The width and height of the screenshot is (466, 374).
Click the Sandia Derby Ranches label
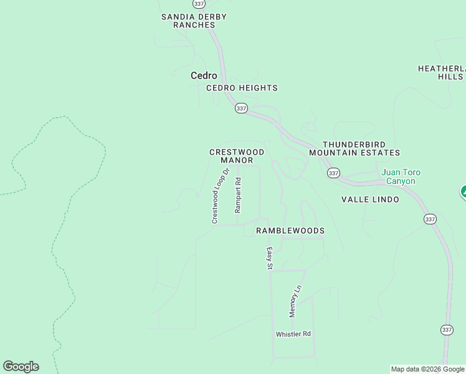pyautogui.click(x=194, y=21)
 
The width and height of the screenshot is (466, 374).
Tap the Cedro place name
pyautogui.click(x=204, y=75)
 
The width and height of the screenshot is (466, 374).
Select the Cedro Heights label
pyautogui.click(x=242, y=88)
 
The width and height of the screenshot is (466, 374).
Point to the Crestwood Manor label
pyautogui.click(x=237, y=156)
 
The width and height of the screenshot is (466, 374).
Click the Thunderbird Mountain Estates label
pyautogui.click(x=354, y=148)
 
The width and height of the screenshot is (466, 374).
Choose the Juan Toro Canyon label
pyautogui.click(x=399, y=176)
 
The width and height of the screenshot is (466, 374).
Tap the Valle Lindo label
pyautogui.click(x=370, y=199)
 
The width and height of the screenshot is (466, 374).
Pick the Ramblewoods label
pyautogui.click(x=290, y=231)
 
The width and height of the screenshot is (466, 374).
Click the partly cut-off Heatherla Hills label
pyautogui.click(x=442, y=72)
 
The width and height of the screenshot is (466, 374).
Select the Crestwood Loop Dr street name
pyautogui.click(x=221, y=196)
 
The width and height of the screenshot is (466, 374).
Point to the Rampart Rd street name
pyautogui.click(x=237, y=195)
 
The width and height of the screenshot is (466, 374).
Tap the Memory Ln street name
pyautogui.click(x=295, y=300)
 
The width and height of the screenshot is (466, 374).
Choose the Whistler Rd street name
pyautogui.click(x=293, y=334)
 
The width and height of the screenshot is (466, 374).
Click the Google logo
pyautogui.click(x=21, y=367)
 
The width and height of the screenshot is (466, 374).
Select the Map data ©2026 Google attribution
pyautogui.click(x=428, y=369)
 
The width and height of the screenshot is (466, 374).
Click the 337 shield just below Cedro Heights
pyautogui.click(x=242, y=108)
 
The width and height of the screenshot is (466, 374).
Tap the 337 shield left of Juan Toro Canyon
pyautogui.click(x=333, y=173)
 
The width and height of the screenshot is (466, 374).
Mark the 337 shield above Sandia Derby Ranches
pyautogui.click(x=199, y=3)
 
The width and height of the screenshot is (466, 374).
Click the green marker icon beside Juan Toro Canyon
pyautogui.click(x=463, y=192)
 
